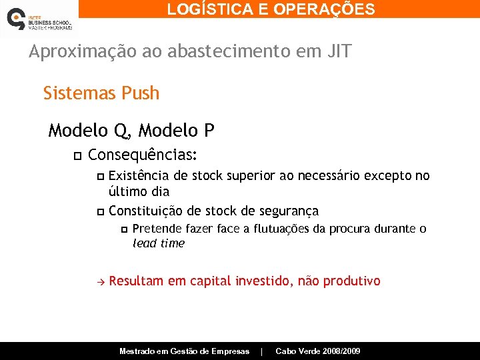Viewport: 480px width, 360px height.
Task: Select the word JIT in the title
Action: (x=336, y=52)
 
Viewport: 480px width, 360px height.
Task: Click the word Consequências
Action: (x=143, y=155)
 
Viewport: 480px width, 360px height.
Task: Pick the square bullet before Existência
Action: (x=100, y=177)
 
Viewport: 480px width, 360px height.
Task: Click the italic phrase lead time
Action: (x=159, y=243)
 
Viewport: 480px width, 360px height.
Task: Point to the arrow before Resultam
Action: (x=100, y=281)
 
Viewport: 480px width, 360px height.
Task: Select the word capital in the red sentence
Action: (x=211, y=281)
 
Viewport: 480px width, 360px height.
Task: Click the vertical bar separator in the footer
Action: (x=262, y=351)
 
